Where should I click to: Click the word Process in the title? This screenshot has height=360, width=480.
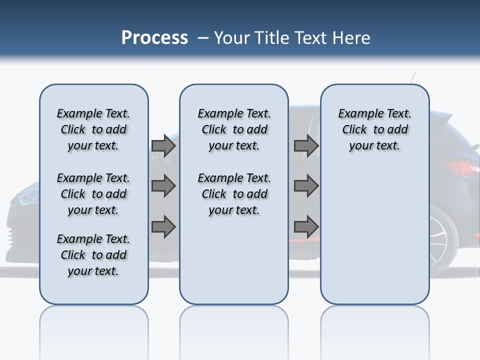[x=154, y=38]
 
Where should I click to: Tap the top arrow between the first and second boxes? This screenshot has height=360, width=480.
[x=163, y=145]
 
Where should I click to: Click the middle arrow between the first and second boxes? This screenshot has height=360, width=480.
[x=163, y=186]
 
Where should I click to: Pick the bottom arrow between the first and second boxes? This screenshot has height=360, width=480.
[x=163, y=226]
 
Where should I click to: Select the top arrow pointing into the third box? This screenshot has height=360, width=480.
[x=306, y=145]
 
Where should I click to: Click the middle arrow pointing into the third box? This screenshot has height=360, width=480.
[x=306, y=186]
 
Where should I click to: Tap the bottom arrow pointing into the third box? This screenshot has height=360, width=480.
[x=306, y=226]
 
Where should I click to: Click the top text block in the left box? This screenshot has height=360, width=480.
[x=93, y=129]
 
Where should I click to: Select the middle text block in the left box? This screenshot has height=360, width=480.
[x=93, y=194]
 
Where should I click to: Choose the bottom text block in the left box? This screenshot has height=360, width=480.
[x=93, y=255]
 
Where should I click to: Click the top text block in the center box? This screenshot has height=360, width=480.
[x=234, y=129]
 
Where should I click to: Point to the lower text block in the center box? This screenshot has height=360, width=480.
[x=234, y=194]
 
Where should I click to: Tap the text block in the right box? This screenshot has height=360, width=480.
[x=374, y=129]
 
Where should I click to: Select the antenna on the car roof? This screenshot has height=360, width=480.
[x=412, y=77]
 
